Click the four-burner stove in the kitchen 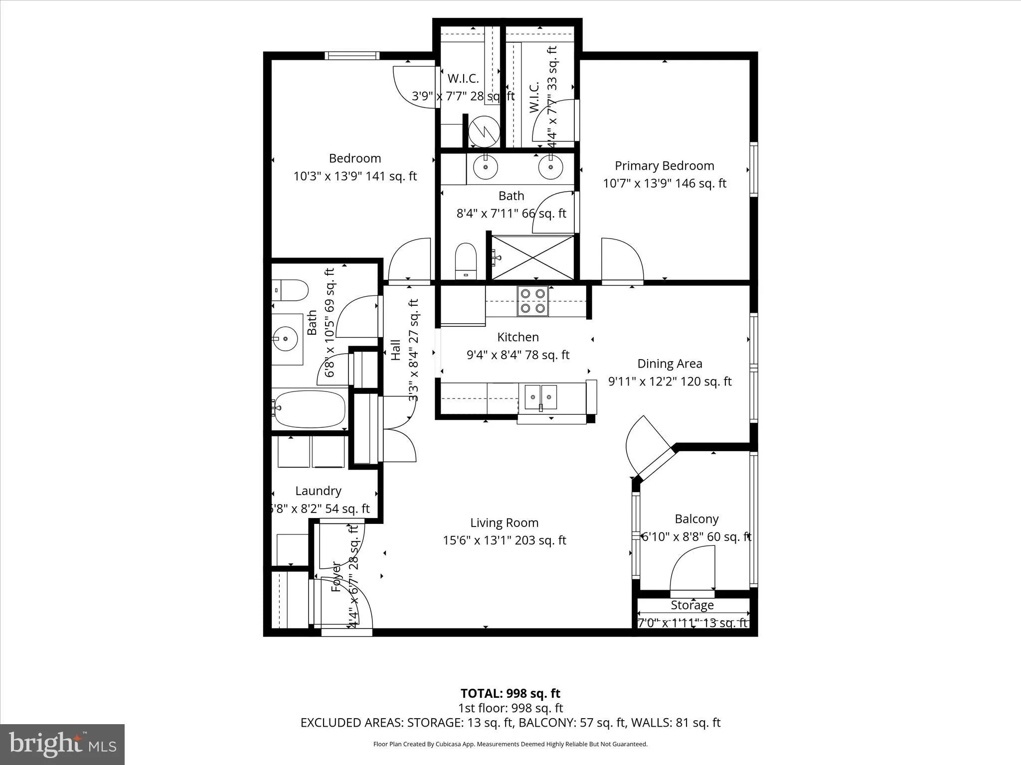click(x=532, y=301)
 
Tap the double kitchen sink click(x=540, y=397)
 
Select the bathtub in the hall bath click(x=310, y=409)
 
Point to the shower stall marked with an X click(x=533, y=257)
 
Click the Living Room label click(x=504, y=522)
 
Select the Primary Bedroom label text click(x=664, y=165)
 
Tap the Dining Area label click(x=670, y=364)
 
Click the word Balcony click(x=696, y=519)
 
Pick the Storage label click(x=692, y=605)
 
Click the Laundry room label click(x=318, y=491)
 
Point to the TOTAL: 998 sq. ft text click(x=510, y=693)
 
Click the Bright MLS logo click(x=62, y=745)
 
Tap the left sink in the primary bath click(x=485, y=166)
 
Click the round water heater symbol click(x=484, y=131)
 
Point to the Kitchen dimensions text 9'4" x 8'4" click(x=517, y=355)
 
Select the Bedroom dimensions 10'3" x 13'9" click(x=355, y=176)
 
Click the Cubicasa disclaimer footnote click(x=510, y=744)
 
